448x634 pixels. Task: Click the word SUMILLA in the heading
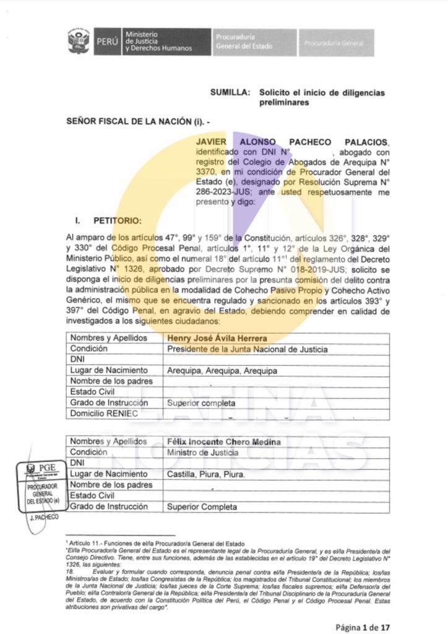tap(230, 93)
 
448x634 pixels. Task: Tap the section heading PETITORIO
tap(117, 220)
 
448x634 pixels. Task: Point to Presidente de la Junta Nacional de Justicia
tap(248, 349)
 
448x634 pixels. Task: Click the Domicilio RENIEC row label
tap(104, 413)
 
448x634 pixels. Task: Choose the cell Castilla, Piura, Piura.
tap(206, 474)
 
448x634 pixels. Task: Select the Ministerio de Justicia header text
tap(158, 41)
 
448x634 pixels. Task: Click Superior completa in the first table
tap(201, 403)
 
